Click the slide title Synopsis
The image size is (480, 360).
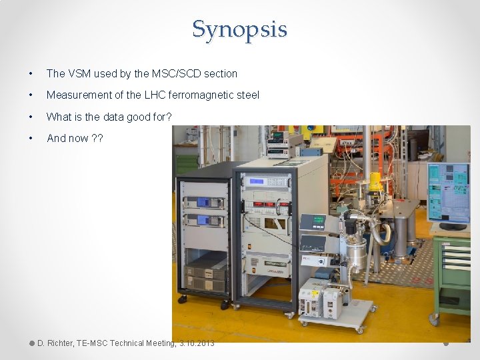tap(239, 29)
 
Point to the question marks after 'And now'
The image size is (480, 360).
tap(97, 139)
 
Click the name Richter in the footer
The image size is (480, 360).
tap(59, 343)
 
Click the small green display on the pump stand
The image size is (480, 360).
tap(312, 221)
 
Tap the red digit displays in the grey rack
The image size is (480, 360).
tap(265, 204)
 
